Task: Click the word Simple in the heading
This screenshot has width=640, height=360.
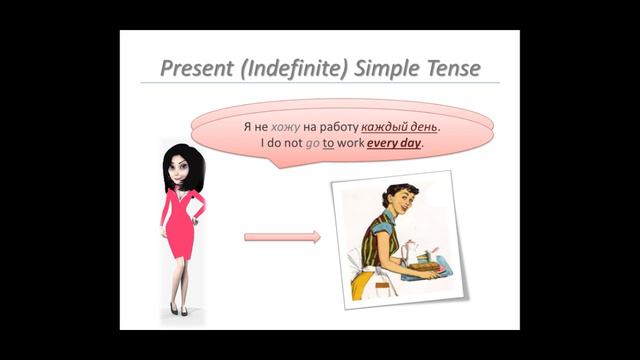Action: point(382,69)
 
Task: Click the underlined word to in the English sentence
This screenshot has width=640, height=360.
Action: point(328,143)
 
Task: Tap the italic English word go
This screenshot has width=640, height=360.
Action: point(311,143)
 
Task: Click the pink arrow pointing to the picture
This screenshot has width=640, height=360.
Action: point(283,237)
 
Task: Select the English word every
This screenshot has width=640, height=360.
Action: point(379,143)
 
